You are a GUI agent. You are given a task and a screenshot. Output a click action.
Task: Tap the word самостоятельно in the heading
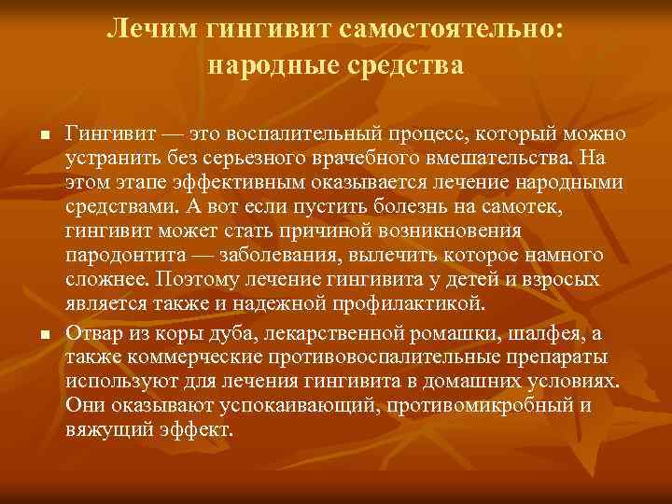tap(453, 28)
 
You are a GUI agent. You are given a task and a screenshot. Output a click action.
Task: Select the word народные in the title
tap(264, 65)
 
